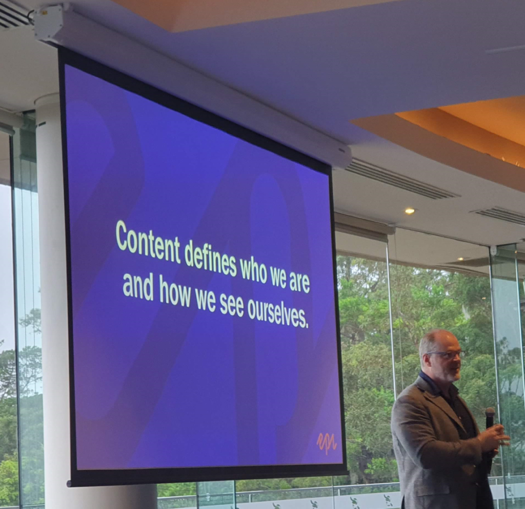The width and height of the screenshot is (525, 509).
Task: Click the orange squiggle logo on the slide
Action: (x=326, y=443)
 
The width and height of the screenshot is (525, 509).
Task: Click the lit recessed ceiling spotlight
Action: (x=410, y=210)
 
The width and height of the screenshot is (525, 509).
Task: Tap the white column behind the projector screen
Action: (x=53, y=301)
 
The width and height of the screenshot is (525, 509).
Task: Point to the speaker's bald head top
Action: (x=437, y=336)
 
